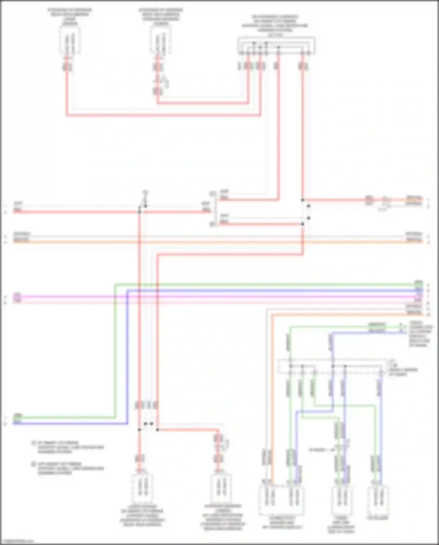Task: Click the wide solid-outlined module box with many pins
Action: click(x=276, y=45)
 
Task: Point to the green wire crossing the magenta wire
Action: click(x=115, y=297)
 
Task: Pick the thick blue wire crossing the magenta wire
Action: click(x=128, y=297)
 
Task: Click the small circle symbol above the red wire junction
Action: click(x=145, y=192)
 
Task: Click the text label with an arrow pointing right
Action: click(x=318, y=450)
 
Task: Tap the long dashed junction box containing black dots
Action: click(x=331, y=366)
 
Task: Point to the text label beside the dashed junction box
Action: click(x=403, y=370)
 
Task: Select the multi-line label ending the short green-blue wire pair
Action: click(x=420, y=334)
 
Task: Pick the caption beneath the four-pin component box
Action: click(x=282, y=522)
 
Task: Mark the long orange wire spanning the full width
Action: click(x=217, y=242)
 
